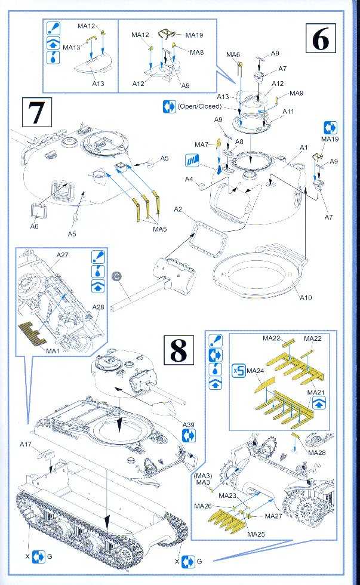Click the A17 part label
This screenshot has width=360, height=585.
pos(26,444)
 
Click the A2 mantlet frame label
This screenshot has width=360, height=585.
pos(177,210)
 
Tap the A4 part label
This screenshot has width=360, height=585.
pos(189,179)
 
